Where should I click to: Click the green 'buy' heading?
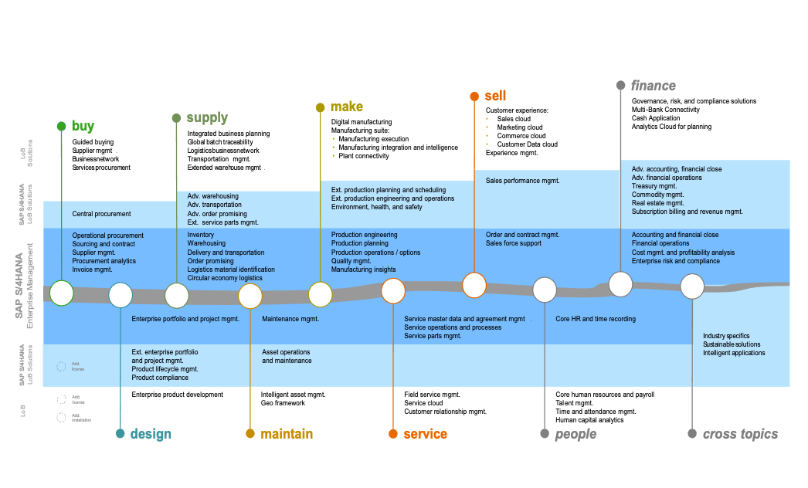(x=83, y=126)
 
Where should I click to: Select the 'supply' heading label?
(x=207, y=118)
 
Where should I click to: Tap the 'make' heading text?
(x=346, y=107)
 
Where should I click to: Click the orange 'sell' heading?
(x=495, y=96)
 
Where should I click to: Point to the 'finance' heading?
(x=653, y=85)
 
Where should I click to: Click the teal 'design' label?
(x=151, y=434)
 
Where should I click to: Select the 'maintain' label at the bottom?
(x=287, y=434)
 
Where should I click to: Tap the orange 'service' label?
(x=425, y=434)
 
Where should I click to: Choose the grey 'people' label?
(x=575, y=434)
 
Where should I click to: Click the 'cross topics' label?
(x=740, y=434)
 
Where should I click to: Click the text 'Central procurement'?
(x=101, y=214)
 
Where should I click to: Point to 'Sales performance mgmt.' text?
(x=522, y=181)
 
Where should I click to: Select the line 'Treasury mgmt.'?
(x=654, y=186)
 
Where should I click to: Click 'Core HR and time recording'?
(x=596, y=319)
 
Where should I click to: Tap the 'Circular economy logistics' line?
(x=225, y=278)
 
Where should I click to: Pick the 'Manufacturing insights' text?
(x=363, y=269)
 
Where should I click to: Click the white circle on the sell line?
(x=474, y=285)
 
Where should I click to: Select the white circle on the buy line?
(x=61, y=293)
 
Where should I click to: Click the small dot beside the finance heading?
(x=620, y=85)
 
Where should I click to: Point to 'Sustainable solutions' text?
(x=732, y=344)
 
